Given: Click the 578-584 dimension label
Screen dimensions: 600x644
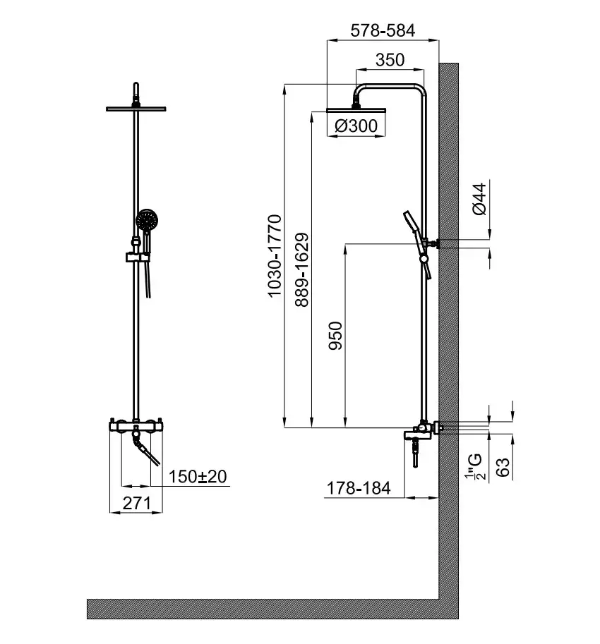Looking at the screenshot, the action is click(383, 30).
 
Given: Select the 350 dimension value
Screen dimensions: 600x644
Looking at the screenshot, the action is click(390, 60).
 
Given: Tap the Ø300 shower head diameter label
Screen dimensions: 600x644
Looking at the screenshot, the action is click(356, 126).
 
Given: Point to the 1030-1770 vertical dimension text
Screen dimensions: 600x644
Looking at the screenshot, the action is click(275, 255).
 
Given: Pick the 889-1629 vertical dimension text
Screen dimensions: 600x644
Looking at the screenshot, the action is click(301, 270).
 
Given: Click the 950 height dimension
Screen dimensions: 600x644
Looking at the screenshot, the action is click(335, 336).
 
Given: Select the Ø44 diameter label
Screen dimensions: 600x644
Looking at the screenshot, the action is click(479, 199).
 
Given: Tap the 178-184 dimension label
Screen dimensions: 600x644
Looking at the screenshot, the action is click(359, 488).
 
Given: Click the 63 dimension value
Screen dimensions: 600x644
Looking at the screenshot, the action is click(503, 466).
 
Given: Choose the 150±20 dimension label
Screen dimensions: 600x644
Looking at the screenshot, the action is click(198, 476).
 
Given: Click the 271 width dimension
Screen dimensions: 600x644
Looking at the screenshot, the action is click(136, 504).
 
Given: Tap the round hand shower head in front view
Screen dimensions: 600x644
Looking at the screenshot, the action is click(147, 220).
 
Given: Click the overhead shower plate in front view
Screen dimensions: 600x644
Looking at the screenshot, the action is click(136, 109).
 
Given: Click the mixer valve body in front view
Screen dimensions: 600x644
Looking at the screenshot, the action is click(136, 426).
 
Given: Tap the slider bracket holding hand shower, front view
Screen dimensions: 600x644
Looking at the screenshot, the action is click(137, 257).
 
